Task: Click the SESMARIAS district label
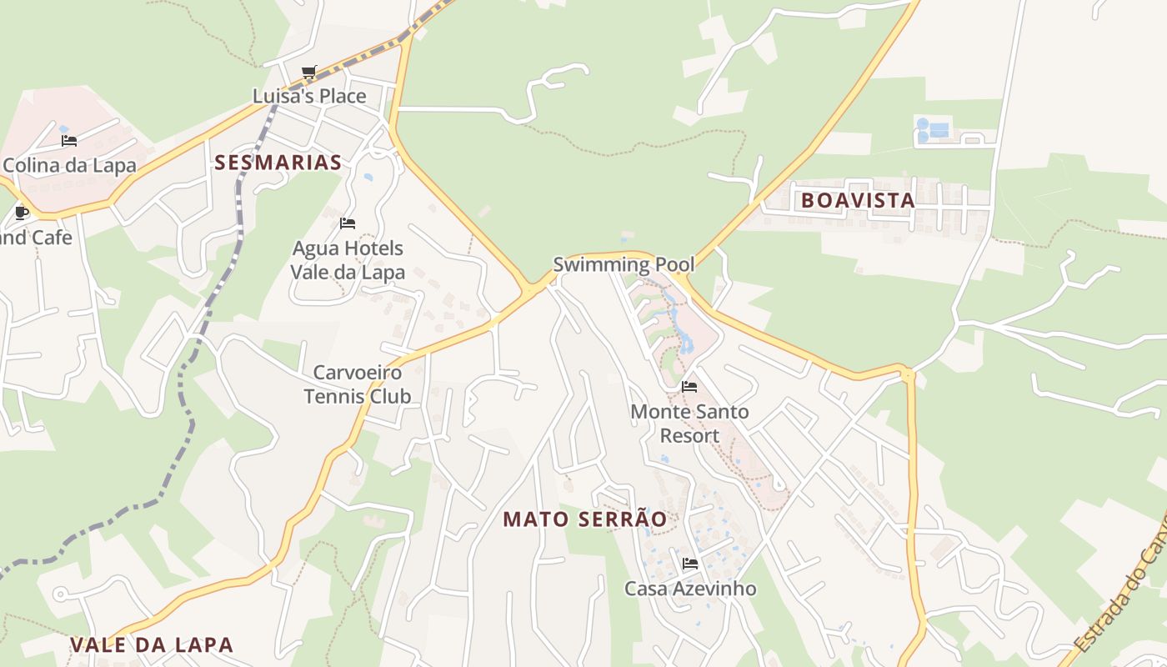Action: (x=278, y=163)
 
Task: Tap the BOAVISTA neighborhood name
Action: (x=858, y=200)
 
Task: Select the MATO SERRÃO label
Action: (x=584, y=519)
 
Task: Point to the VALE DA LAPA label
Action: (x=152, y=644)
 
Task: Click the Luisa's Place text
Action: (x=309, y=96)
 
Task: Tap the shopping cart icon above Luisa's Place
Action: (x=309, y=73)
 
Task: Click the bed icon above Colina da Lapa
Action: (x=69, y=141)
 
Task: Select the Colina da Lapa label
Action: (x=69, y=165)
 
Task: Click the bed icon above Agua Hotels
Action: (x=348, y=223)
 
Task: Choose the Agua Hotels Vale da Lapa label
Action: (x=348, y=260)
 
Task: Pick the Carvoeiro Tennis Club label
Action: (x=358, y=384)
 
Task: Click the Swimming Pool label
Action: (x=624, y=265)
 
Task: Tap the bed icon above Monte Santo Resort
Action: (x=689, y=387)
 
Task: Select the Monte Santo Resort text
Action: (x=689, y=424)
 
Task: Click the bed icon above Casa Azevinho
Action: (x=689, y=564)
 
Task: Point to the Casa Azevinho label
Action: (x=690, y=589)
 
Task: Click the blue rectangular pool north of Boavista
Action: (x=939, y=130)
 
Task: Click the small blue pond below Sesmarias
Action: (x=368, y=178)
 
